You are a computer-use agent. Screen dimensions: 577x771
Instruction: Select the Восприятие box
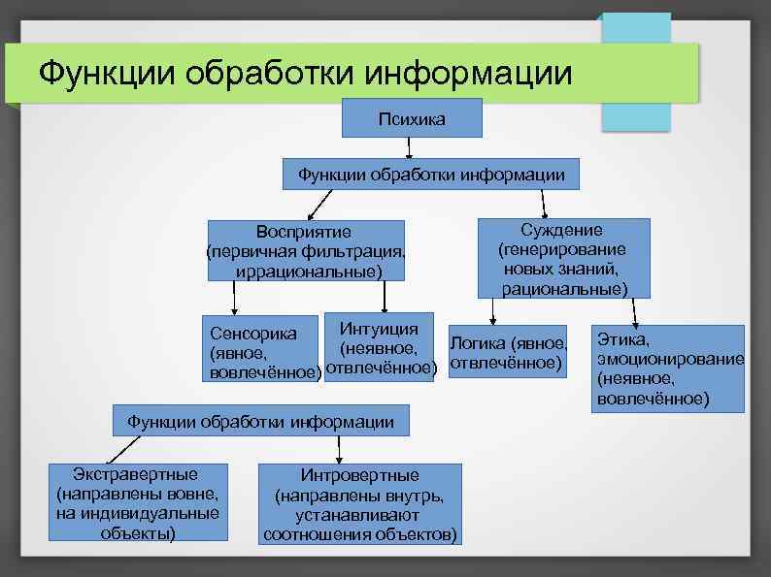click(305, 251)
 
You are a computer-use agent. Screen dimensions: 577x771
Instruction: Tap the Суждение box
click(563, 258)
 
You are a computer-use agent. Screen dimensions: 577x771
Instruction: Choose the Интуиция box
click(379, 346)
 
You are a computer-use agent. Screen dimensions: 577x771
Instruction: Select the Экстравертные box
click(138, 502)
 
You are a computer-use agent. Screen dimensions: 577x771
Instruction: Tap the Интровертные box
click(359, 504)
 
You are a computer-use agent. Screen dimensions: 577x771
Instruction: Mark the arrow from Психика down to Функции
click(410, 147)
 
